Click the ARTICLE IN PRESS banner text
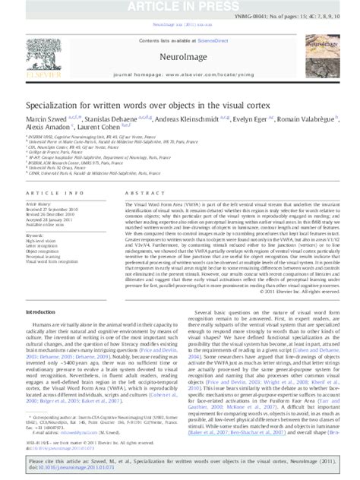click(x=180, y=6)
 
